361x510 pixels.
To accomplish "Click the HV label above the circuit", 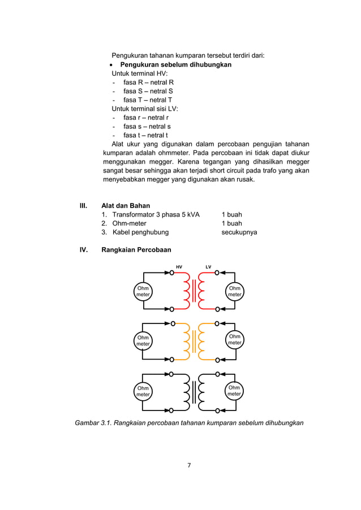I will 179,266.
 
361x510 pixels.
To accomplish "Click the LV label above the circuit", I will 208,266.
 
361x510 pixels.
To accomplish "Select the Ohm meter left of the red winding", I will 143,291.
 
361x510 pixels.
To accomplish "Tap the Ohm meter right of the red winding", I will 235,291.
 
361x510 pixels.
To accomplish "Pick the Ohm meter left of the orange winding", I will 143,340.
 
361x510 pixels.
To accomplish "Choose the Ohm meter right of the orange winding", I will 235,340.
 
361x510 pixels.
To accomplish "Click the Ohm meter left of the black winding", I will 143,391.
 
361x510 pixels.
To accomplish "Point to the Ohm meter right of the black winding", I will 235,391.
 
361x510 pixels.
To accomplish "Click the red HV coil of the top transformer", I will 187,291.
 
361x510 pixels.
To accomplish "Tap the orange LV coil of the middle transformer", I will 203,340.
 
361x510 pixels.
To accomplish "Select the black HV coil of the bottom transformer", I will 187,391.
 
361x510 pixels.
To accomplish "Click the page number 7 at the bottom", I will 189,465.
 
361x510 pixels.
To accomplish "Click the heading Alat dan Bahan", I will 125,206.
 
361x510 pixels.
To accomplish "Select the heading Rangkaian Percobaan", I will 136,249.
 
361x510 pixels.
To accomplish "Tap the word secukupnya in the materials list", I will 239,232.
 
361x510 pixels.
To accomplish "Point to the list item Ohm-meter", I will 130,223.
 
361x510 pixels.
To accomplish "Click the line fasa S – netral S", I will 148,91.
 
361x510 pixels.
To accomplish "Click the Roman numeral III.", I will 83,206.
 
